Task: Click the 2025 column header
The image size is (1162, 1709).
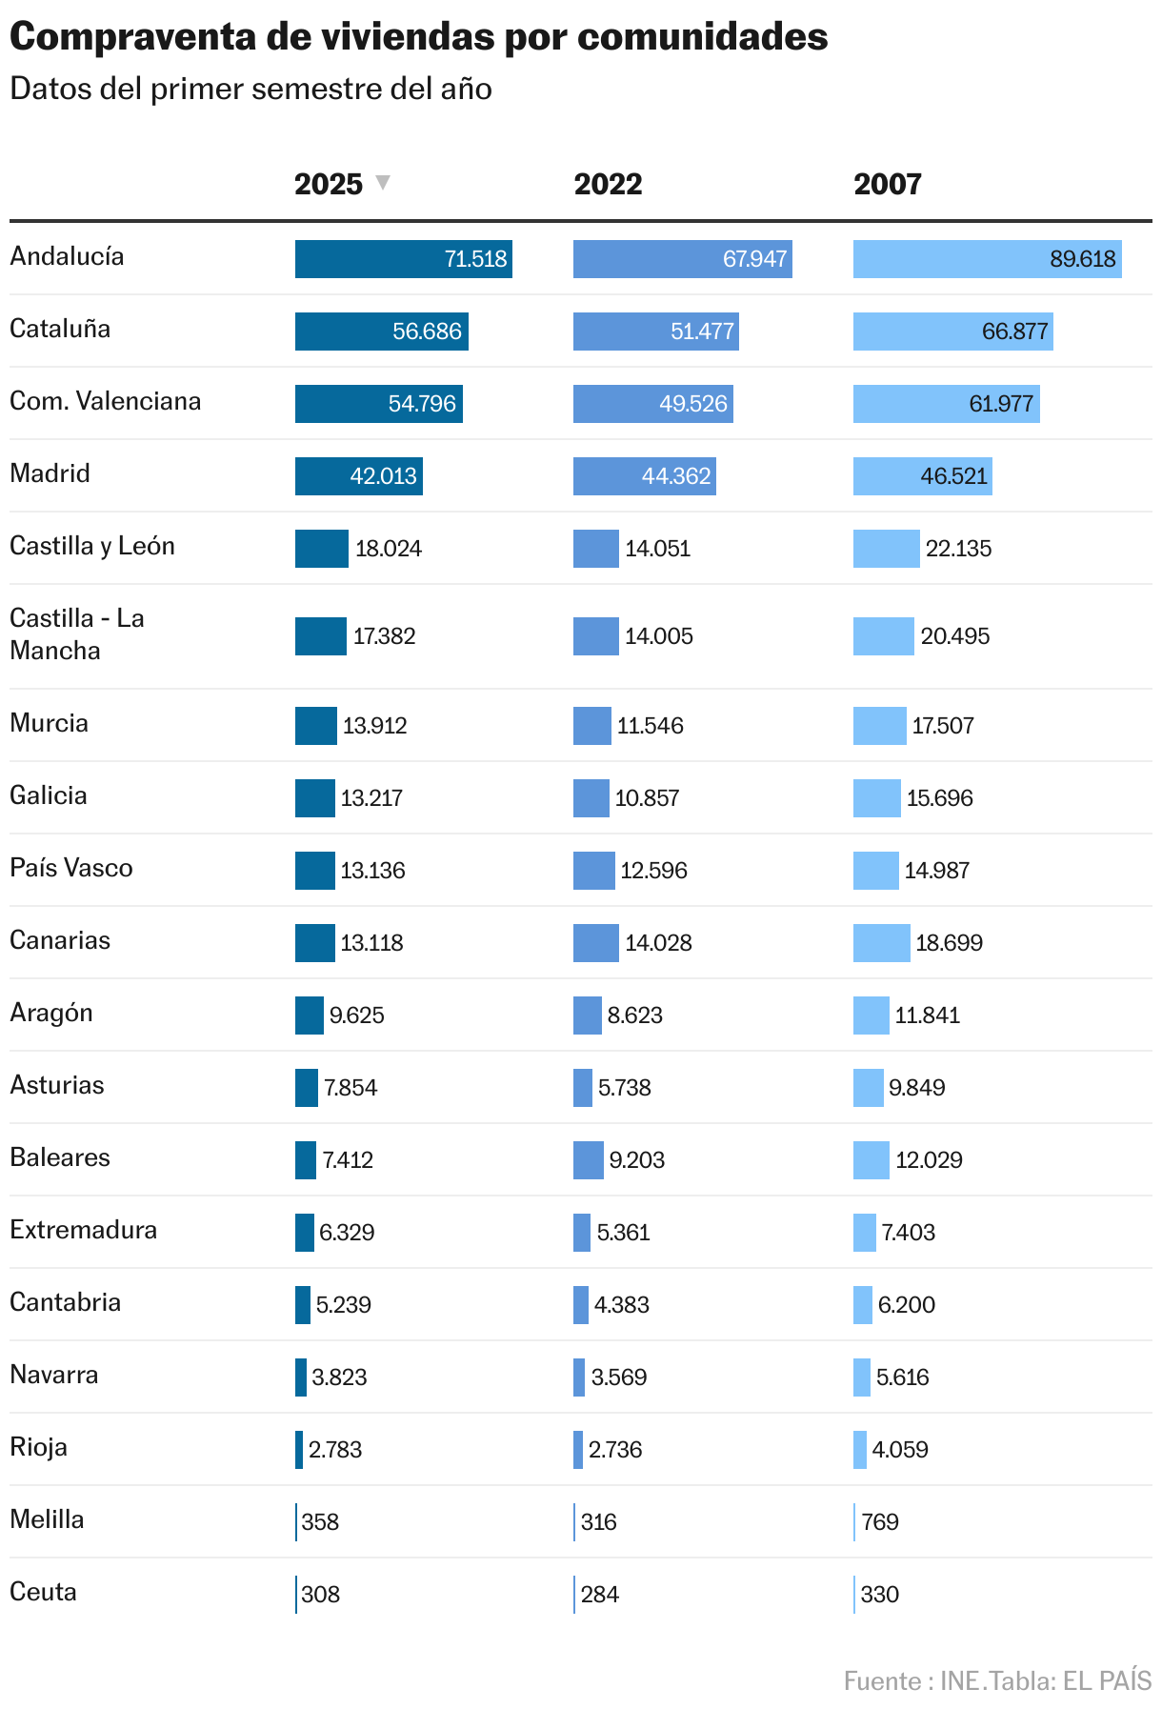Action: pos(329,184)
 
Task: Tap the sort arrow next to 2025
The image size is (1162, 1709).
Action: pos(383,182)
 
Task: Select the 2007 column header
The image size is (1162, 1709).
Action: pos(887,184)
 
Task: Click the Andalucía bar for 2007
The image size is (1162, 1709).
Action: pos(987,259)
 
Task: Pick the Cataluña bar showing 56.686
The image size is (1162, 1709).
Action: pos(381,332)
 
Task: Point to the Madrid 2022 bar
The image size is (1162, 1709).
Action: pos(644,476)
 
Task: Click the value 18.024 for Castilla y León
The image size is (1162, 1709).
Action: pos(389,549)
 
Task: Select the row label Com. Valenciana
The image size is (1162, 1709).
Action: pos(105,401)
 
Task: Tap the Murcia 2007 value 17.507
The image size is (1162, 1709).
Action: pos(943,726)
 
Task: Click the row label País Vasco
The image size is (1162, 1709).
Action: pos(71,868)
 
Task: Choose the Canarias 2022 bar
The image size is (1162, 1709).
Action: pos(595,943)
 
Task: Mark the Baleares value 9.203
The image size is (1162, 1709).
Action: pos(637,1160)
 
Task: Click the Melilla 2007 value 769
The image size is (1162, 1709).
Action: pos(880,1522)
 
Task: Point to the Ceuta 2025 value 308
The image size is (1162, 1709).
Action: pos(321,1595)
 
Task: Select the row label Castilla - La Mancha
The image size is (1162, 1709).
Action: pos(76,634)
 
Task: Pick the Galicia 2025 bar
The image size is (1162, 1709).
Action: pos(314,798)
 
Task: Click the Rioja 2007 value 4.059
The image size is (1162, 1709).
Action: pos(900,1450)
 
